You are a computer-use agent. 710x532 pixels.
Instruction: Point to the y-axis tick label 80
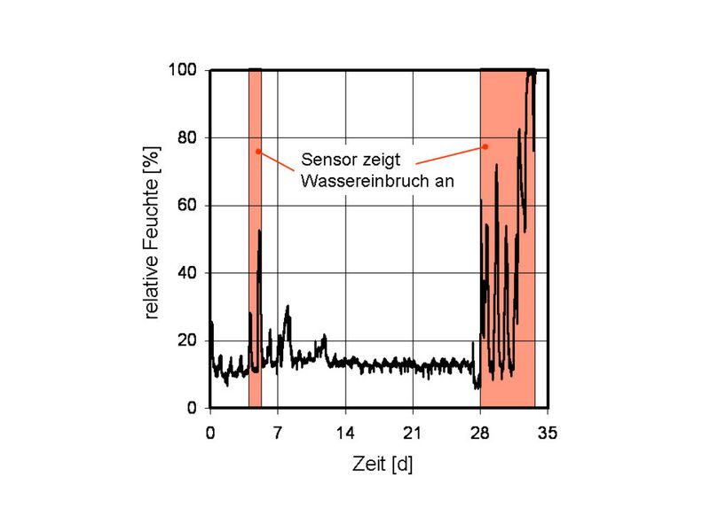tap(188, 137)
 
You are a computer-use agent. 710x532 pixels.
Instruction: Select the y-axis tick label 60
tap(188, 206)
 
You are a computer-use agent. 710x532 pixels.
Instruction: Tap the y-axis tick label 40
tap(188, 273)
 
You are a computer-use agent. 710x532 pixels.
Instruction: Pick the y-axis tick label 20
tap(188, 340)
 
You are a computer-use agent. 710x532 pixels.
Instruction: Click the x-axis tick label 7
tap(278, 433)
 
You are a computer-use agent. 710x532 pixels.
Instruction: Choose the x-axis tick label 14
tap(345, 433)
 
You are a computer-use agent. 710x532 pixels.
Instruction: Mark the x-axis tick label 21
tap(413, 433)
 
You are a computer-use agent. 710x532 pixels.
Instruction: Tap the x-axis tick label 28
tap(480, 433)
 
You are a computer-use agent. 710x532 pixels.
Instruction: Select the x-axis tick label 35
tap(548, 433)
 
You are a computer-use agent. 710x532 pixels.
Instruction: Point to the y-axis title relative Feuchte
tap(153, 239)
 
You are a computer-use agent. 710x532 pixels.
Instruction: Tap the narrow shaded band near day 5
tap(256, 266)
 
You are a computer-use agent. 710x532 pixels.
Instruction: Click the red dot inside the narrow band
tap(258, 151)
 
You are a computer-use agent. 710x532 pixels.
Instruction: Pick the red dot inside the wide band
tap(486, 146)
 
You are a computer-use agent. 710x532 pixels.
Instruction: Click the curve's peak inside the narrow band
tap(260, 231)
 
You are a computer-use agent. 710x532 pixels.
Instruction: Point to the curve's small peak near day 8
tap(288, 307)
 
